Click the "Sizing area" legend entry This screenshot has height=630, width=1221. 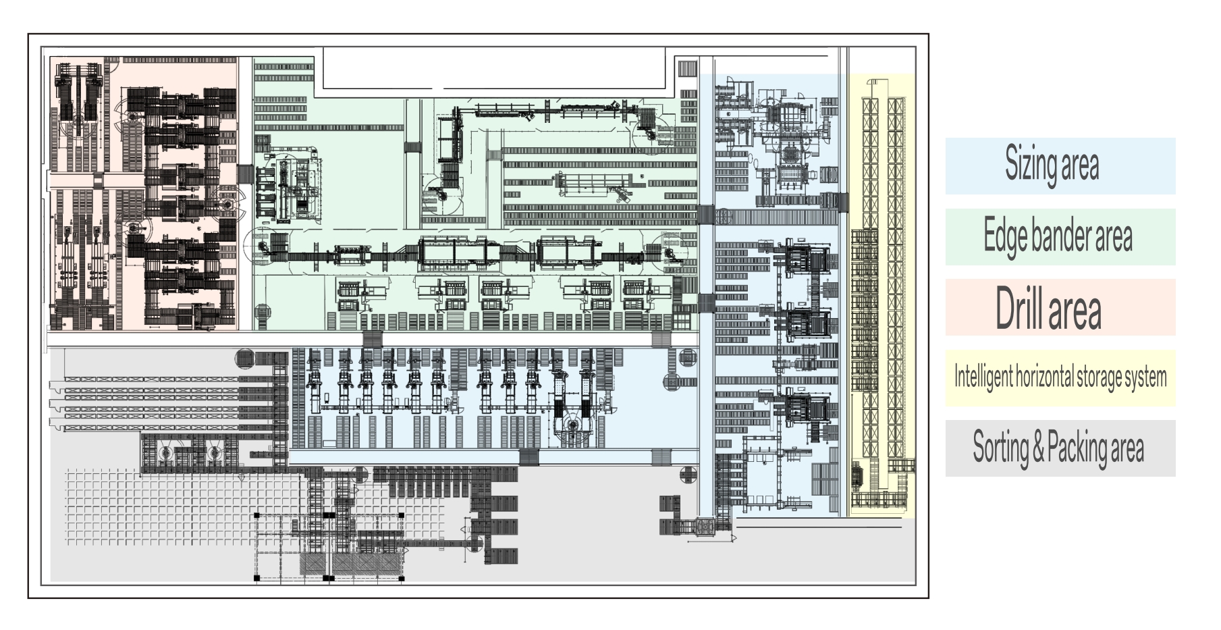(x=1060, y=166)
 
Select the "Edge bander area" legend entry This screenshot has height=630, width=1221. (x=1060, y=236)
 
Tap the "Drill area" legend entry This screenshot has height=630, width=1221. (x=1060, y=307)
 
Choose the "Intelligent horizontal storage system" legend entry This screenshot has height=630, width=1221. (x=1060, y=377)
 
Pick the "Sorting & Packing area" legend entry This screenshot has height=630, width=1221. (x=1060, y=448)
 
